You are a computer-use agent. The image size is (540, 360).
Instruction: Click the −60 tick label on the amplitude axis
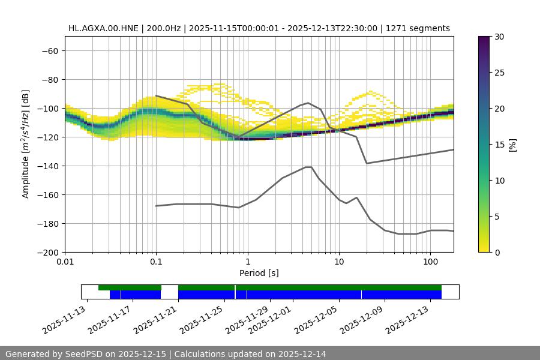click(x=50, y=51)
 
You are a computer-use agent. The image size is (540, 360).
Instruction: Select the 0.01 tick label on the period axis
click(x=65, y=262)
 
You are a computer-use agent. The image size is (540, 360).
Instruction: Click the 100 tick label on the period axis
click(x=430, y=262)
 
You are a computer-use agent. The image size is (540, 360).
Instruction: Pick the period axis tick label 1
click(x=248, y=262)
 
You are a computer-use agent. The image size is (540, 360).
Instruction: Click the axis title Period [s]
click(x=259, y=274)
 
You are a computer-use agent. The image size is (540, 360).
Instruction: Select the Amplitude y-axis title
click(x=26, y=145)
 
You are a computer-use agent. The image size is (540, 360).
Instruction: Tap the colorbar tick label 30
click(x=499, y=37)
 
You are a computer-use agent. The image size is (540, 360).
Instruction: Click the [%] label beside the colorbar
click(x=512, y=145)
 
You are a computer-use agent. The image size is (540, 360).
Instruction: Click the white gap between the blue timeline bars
click(x=169, y=294)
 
